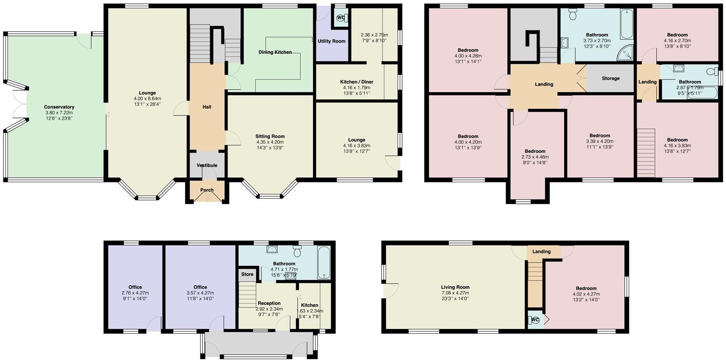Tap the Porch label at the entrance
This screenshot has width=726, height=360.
(x=207, y=190)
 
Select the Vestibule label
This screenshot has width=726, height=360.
(x=207, y=165)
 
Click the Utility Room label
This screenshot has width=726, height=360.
(x=331, y=41)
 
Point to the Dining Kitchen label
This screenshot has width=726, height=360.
(x=275, y=52)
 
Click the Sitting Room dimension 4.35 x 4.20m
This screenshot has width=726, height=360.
(x=270, y=142)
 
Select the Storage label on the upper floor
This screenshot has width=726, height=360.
(x=610, y=78)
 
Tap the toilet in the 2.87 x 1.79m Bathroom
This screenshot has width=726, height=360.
(x=712, y=72)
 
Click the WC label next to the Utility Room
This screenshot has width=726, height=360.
(x=341, y=18)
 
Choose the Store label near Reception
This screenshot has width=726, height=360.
(x=247, y=274)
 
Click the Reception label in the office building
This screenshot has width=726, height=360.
(x=269, y=303)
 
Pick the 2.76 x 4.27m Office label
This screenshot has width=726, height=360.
(x=135, y=287)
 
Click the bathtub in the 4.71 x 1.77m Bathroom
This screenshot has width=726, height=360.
(x=324, y=262)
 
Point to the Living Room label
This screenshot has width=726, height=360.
(x=455, y=287)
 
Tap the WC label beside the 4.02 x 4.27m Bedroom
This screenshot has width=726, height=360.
(x=535, y=320)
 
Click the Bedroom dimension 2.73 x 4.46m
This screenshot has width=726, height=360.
(x=535, y=157)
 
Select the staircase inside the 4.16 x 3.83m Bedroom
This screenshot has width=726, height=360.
(x=646, y=153)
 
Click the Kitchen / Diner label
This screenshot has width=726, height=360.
(x=356, y=82)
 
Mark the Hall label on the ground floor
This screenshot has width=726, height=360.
(x=207, y=107)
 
